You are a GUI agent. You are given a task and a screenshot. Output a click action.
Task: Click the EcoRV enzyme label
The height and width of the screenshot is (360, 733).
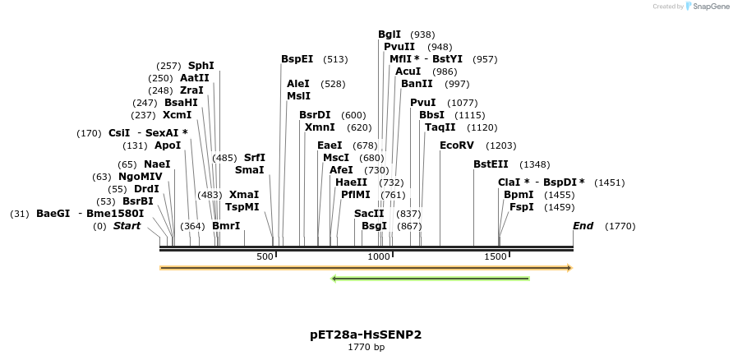click(x=457, y=145)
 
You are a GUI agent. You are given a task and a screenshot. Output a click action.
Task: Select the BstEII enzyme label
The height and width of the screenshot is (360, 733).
click(x=491, y=164)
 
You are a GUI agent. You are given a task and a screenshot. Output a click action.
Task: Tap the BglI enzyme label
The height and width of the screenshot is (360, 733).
click(x=390, y=35)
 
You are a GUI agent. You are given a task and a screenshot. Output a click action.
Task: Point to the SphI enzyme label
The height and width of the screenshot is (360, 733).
click(x=201, y=66)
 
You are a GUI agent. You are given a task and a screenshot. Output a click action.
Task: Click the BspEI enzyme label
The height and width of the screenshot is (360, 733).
click(x=297, y=59)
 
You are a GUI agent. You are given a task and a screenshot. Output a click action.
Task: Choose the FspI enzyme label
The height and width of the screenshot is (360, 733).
click(x=521, y=207)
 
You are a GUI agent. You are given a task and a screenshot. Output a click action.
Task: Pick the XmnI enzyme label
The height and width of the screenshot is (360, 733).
click(x=320, y=127)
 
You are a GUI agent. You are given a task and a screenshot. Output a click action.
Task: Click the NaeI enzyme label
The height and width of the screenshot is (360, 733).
click(x=157, y=164)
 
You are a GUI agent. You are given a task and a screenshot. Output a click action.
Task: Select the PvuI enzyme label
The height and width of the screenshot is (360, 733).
click(x=422, y=103)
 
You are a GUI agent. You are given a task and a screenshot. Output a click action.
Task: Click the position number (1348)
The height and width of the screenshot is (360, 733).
click(x=535, y=164)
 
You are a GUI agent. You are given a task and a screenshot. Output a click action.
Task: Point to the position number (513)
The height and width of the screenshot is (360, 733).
click(x=335, y=59)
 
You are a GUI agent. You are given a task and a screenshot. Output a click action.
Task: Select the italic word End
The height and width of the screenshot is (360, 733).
click(x=583, y=226)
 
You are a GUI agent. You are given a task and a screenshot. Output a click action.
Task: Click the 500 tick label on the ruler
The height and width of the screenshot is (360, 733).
click(x=265, y=257)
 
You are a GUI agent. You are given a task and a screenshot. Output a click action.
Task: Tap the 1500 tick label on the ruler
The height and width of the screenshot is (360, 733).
click(x=496, y=257)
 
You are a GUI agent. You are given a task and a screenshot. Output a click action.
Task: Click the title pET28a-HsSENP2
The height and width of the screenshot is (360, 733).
click(x=366, y=335)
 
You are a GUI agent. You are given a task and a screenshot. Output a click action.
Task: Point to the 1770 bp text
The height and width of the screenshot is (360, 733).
click(x=366, y=348)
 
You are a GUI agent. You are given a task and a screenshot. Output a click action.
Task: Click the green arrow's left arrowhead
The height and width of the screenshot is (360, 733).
click(x=334, y=279)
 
